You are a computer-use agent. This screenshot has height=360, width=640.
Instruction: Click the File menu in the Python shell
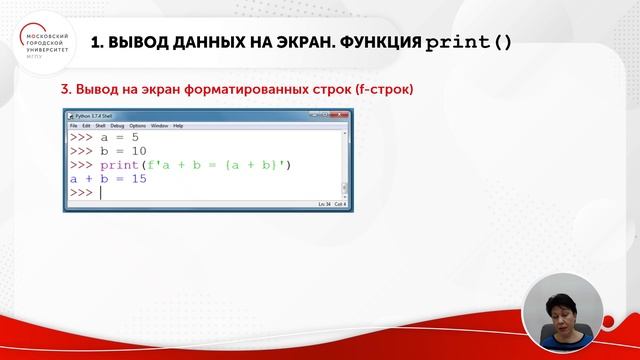click(x=73, y=126)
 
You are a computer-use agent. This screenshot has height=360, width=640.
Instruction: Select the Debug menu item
click(x=117, y=126)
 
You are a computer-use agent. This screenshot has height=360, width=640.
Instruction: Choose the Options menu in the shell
click(x=137, y=126)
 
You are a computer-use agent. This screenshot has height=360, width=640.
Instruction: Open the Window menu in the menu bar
click(x=160, y=126)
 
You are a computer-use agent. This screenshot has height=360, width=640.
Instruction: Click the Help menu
click(x=178, y=126)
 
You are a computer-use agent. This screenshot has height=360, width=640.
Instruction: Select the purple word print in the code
click(x=119, y=164)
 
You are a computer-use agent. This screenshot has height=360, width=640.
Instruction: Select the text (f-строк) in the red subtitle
click(x=379, y=89)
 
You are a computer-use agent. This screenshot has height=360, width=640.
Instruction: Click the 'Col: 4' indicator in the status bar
click(x=340, y=204)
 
